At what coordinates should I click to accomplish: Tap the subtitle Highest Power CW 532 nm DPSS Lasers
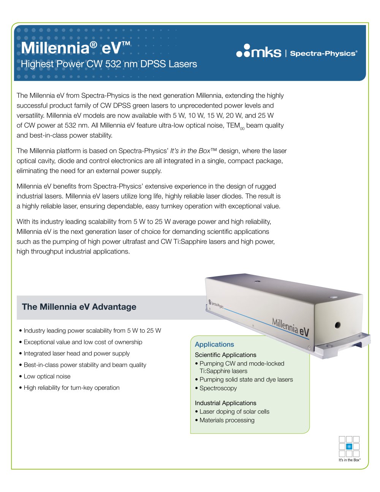click(x=109, y=64)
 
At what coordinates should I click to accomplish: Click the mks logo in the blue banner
click(x=259, y=51)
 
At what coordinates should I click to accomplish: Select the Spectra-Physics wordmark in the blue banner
click(x=323, y=54)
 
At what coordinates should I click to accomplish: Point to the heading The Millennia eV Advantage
click(x=79, y=307)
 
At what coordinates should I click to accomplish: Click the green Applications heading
click(x=214, y=344)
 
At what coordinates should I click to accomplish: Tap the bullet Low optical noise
click(x=47, y=376)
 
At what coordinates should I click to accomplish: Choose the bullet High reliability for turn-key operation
click(x=71, y=388)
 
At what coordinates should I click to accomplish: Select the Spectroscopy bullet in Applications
click(x=218, y=388)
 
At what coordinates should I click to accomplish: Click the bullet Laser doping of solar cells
click(x=234, y=412)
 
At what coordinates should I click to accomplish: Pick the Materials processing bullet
click(x=227, y=420)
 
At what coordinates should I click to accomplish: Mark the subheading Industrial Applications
click(x=225, y=403)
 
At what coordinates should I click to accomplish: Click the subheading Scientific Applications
click(x=225, y=355)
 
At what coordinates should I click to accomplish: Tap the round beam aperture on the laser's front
click(x=337, y=325)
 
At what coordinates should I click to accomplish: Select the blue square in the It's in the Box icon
click(x=349, y=447)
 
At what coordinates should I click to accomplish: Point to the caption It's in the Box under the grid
click(x=349, y=460)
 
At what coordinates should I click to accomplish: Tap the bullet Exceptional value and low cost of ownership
click(x=83, y=342)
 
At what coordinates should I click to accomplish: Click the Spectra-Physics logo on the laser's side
click(x=216, y=304)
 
